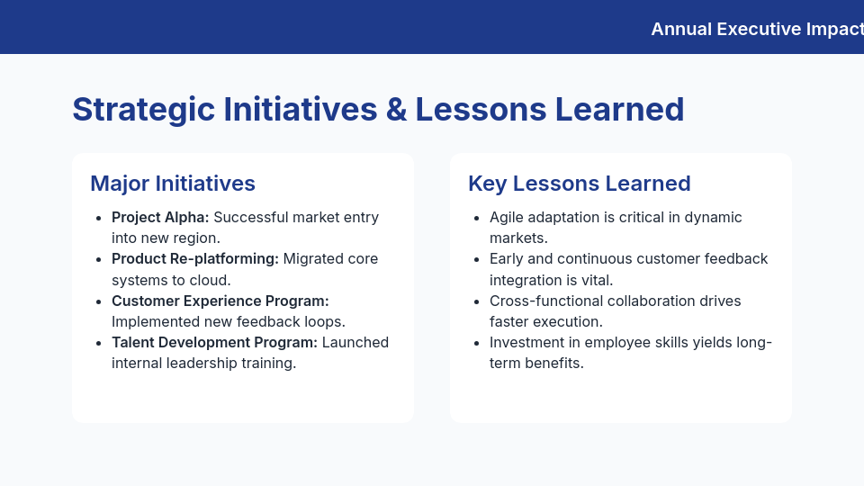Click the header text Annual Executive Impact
(756, 29)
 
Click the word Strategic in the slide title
(143, 109)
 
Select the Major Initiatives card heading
(173, 184)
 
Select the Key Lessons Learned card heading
(579, 184)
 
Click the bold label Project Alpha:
(160, 217)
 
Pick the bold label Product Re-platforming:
(195, 259)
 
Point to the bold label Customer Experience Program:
(220, 301)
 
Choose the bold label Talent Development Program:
(214, 342)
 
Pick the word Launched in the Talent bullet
(355, 342)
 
